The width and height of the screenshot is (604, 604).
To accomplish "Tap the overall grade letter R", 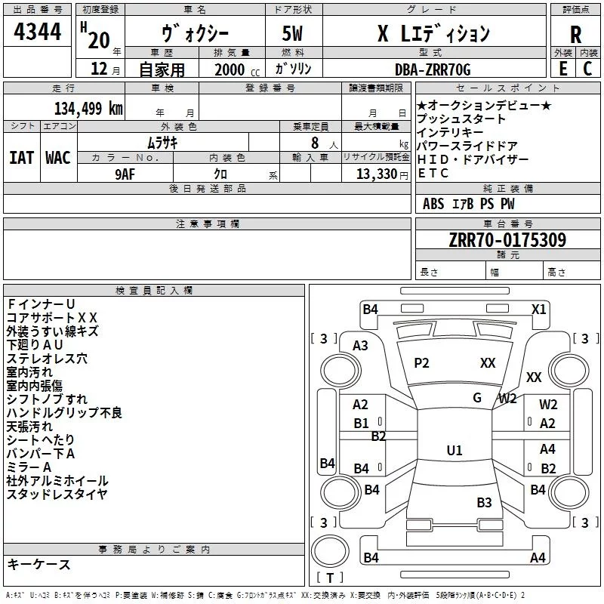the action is pos(575,34).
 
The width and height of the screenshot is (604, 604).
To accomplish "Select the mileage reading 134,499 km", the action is pos(88,108).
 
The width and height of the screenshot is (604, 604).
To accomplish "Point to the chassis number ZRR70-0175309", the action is pos(507,240).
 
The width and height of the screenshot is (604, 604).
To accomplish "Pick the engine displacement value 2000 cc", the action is pos(235,69).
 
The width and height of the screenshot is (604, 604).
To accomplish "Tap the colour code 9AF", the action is pos(125,173).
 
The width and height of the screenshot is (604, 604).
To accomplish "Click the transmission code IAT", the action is pos(20,158).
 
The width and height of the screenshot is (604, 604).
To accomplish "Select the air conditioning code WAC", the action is pos(57,158).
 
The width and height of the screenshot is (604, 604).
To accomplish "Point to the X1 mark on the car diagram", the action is pos(539,309).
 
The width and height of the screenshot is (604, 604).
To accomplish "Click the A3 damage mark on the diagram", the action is pos(360,345).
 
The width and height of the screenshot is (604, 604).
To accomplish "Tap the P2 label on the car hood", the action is pos(421,363).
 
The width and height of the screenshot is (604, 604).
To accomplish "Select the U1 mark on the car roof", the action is pos(454,450).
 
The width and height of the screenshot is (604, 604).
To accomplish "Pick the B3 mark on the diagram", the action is pos(484,502).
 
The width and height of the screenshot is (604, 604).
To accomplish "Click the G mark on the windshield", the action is pos(477,398).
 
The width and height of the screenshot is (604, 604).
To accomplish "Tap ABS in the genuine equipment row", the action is pos(433,204).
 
